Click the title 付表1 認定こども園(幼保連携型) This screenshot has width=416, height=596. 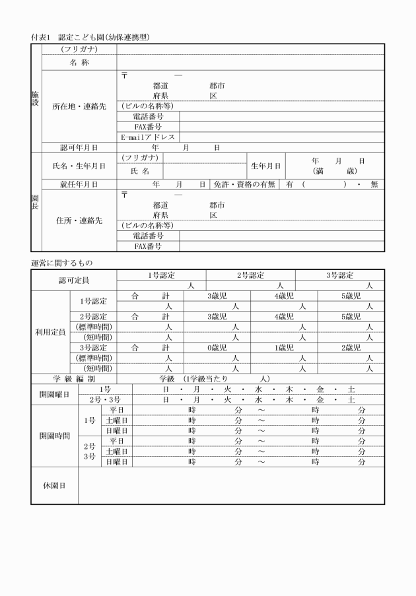90,37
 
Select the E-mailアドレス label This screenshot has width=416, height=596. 148,137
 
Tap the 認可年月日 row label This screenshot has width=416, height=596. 79,148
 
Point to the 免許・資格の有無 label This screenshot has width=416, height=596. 244,185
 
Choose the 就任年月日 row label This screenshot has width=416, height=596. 79,185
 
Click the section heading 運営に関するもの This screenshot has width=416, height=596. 62,263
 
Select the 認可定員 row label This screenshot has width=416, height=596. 74,281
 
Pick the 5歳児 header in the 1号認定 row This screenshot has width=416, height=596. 351,296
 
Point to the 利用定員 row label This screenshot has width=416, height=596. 50,333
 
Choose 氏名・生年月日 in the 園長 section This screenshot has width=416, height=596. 79,166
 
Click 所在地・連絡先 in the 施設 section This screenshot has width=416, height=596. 79,106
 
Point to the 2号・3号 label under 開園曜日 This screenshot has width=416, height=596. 105,400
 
